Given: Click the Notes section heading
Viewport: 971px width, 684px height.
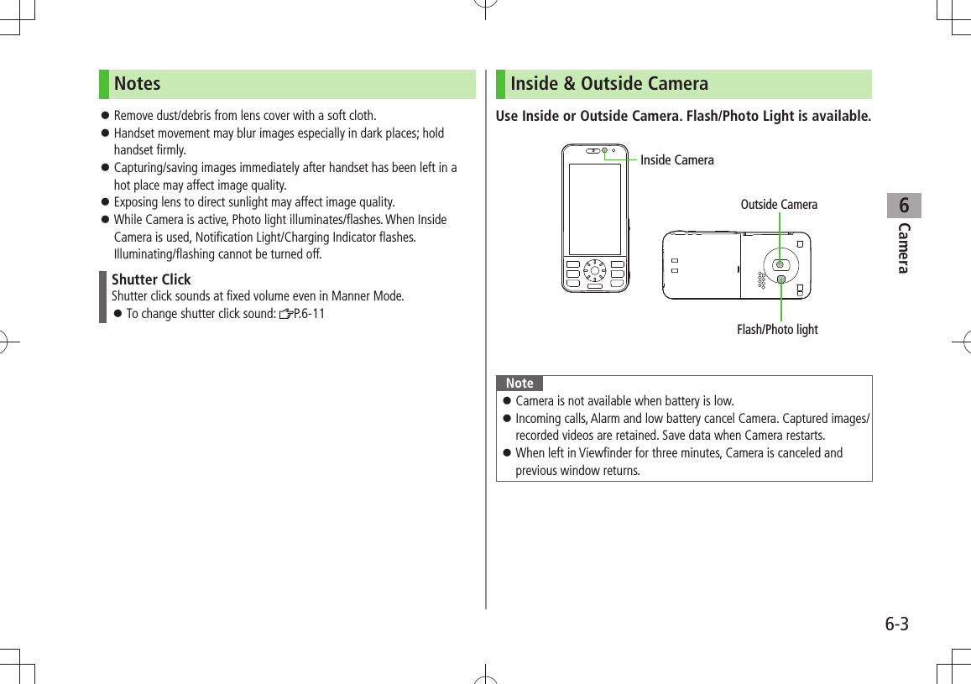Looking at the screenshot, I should (x=138, y=84).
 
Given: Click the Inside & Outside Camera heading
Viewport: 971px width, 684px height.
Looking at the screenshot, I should (x=609, y=84).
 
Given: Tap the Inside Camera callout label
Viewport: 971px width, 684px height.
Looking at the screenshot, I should (x=676, y=160).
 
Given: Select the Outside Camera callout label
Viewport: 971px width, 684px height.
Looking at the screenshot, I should (x=778, y=205).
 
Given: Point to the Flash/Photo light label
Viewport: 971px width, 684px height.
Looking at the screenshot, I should (x=777, y=330).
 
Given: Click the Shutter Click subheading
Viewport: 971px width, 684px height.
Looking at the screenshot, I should (x=151, y=279).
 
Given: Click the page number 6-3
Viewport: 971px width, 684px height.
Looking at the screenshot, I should (x=896, y=624).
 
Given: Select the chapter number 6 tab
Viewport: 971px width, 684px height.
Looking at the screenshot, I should (x=904, y=206).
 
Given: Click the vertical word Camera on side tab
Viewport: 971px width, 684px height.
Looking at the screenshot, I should (x=904, y=248).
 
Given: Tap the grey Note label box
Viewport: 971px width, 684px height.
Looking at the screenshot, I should (x=519, y=384).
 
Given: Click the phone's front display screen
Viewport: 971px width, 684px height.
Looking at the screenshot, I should (x=595, y=209).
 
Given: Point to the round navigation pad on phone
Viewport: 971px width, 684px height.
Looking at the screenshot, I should (x=595, y=270).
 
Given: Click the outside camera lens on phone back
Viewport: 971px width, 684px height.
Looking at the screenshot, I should (x=780, y=264).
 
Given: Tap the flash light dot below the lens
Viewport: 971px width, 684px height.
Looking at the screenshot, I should (x=781, y=279).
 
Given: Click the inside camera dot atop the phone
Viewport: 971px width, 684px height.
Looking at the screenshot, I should (x=603, y=151).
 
